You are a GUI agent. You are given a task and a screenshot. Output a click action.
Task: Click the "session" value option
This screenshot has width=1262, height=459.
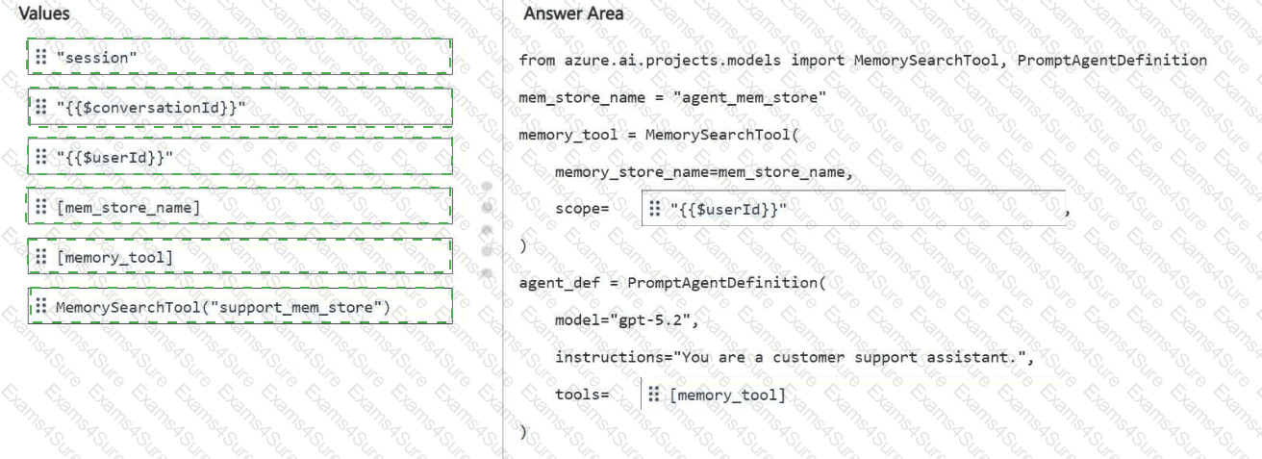pos(240,57)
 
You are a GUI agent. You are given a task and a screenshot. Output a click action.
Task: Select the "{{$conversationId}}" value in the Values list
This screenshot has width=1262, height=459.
pos(240,107)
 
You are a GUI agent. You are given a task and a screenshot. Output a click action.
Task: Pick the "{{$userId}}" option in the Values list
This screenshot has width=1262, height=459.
pos(240,157)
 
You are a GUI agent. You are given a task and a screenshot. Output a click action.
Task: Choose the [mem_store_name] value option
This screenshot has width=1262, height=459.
pos(240,206)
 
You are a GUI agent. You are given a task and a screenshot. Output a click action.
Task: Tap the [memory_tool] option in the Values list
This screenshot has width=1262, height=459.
pos(240,257)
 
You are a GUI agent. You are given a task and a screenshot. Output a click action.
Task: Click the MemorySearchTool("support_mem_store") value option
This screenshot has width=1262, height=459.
pos(240,306)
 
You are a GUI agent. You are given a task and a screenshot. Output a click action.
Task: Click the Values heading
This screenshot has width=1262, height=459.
pos(44,13)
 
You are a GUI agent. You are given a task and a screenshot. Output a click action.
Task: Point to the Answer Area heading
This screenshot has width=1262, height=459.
pos(573,13)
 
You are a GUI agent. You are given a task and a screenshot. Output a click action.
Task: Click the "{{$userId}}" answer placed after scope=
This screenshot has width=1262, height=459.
pos(853,209)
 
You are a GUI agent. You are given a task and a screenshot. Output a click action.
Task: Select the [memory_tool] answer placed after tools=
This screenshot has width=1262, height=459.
pos(727,395)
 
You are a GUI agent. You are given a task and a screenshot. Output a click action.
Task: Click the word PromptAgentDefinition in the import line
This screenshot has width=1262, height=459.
pos(1112,61)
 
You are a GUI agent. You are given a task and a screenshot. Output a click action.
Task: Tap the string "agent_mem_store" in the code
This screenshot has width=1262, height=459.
pos(749,97)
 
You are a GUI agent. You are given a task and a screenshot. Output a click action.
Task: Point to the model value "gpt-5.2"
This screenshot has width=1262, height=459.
pos(650,320)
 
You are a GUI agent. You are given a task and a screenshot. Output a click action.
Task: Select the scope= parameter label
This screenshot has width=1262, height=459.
pos(582,209)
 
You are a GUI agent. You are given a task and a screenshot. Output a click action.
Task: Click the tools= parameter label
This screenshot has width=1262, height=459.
pos(582,395)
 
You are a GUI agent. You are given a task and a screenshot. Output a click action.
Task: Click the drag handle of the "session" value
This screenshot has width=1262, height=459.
pos(41,57)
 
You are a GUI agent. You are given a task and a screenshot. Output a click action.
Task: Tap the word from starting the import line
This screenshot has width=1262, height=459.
pos(537,61)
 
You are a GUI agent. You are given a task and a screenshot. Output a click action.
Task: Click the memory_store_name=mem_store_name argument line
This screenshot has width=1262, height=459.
pos(704,172)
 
